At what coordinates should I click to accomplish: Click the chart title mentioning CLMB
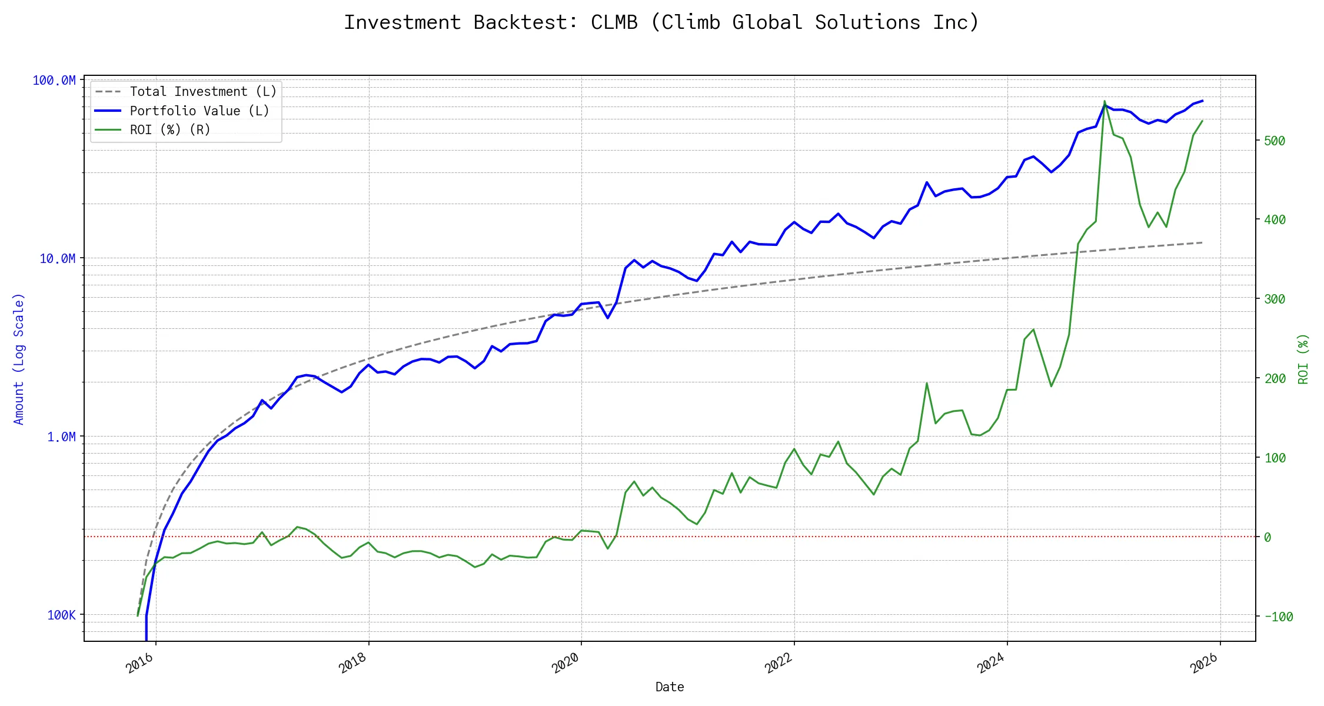click(x=661, y=22)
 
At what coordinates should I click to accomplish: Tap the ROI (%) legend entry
click(x=170, y=129)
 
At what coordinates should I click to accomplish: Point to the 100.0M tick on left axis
click(x=54, y=81)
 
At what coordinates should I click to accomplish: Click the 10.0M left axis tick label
click(x=57, y=259)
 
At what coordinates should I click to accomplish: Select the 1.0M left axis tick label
click(x=61, y=437)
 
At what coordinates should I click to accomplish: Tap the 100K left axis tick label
click(x=61, y=615)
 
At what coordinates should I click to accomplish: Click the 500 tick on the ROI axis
click(x=1274, y=141)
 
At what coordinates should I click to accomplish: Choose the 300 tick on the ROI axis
click(x=1274, y=299)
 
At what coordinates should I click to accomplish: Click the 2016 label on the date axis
click(x=140, y=663)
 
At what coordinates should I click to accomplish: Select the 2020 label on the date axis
click(x=565, y=663)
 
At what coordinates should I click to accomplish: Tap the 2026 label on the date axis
click(x=1204, y=663)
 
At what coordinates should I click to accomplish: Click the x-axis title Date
click(x=670, y=687)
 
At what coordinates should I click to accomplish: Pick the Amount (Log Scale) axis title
click(x=19, y=359)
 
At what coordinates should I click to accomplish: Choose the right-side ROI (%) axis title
click(x=1303, y=359)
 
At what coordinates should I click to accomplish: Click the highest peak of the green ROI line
click(x=1105, y=101)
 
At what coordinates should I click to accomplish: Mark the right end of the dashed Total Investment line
click(x=1202, y=242)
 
